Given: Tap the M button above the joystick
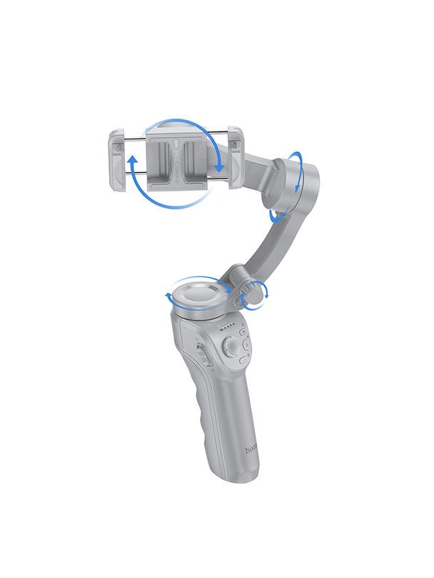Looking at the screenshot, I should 244,332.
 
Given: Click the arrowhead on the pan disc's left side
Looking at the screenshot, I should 168,295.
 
